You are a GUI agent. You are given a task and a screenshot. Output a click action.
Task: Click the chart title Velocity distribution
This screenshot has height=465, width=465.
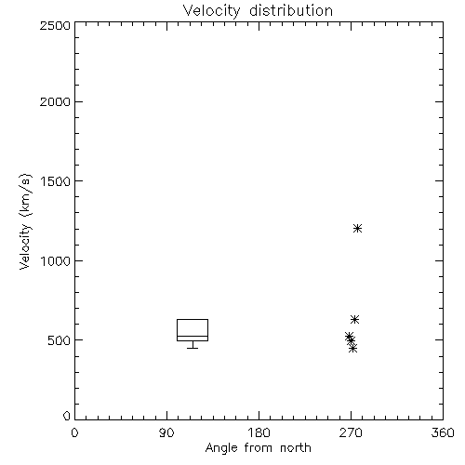point(258,11)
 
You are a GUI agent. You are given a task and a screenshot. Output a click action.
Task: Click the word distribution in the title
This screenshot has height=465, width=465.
point(291,10)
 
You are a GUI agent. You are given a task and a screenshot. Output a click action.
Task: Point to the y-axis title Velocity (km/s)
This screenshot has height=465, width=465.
point(25,221)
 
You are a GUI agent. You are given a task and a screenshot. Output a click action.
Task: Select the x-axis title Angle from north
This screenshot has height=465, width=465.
point(258,447)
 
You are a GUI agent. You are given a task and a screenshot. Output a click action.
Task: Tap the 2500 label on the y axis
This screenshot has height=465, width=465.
point(55,25)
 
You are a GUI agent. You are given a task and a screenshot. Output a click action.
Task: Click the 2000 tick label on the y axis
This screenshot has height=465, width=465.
point(55,101)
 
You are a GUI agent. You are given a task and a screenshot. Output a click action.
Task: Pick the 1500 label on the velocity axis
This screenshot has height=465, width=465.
point(56,181)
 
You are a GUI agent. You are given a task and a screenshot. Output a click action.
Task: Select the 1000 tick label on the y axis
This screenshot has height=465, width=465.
point(56,261)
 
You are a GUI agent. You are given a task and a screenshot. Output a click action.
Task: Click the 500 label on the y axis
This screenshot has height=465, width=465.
point(60,340)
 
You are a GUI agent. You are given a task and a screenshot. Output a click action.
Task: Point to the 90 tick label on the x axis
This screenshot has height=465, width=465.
point(166,432)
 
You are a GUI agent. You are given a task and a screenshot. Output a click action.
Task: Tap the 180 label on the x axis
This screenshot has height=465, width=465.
point(259,432)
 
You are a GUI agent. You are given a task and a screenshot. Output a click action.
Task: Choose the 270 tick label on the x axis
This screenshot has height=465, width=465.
point(351,432)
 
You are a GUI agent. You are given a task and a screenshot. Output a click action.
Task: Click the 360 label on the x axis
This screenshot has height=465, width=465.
point(443,432)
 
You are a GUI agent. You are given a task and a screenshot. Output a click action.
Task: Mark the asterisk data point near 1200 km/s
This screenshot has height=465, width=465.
point(357,229)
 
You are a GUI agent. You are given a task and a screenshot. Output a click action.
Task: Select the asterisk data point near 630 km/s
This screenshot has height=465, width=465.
point(354,319)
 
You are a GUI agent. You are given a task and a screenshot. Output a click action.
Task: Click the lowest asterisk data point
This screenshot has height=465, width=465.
point(352,349)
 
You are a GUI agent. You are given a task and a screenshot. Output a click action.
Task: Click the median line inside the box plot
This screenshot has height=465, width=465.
point(193,336)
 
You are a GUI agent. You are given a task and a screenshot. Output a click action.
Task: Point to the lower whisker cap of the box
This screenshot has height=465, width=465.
point(193,348)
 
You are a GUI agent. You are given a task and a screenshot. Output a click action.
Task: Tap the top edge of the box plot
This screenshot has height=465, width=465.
point(193,319)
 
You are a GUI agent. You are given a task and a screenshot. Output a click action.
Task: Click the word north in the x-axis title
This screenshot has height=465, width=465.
point(296,447)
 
